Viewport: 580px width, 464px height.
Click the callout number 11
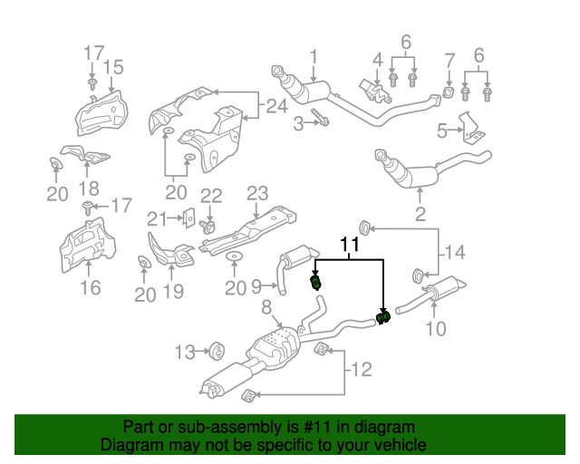pyautogui.click(x=350, y=245)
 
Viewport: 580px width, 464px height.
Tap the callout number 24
pyautogui.click(x=276, y=109)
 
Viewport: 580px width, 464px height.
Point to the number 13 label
pyautogui.click(x=184, y=351)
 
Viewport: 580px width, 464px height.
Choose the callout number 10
pyautogui.click(x=436, y=327)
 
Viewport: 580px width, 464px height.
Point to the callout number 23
pyautogui.click(x=258, y=193)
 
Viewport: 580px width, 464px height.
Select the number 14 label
pyautogui.click(x=454, y=252)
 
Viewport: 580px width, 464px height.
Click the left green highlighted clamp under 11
pyautogui.click(x=316, y=285)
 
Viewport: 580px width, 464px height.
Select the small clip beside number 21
pyautogui.click(x=189, y=218)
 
